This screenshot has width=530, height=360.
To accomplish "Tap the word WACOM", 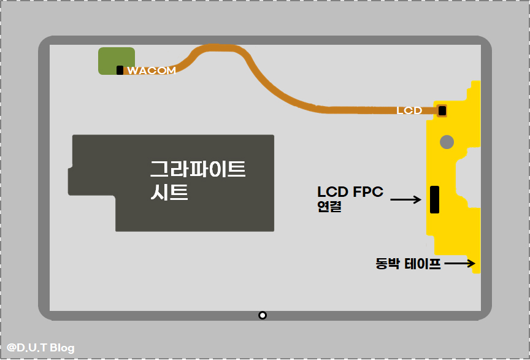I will tap(152, 71).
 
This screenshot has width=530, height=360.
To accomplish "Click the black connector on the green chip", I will tap(120, 71).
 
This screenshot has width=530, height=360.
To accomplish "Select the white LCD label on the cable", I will tap(409, 111).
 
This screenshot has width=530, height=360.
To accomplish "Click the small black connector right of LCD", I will tap(442, 111).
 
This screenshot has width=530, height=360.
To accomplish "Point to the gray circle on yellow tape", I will tap(447, 142).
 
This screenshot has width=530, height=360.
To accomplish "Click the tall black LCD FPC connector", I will tap(434, 199).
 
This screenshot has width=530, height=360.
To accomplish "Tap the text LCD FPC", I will tap(350, 192).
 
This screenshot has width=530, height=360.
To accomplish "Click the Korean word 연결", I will tap(329, 207).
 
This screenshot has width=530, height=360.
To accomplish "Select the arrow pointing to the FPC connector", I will tap(405, 199).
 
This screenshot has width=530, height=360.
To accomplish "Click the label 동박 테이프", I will tap(408, 265).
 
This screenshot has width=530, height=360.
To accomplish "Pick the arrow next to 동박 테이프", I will tap(461, 264).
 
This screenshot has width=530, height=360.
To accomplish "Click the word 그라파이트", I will tap(198, 169).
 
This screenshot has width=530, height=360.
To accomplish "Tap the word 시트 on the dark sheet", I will tap(169, 193).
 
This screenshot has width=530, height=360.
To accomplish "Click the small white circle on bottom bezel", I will tap(263, 315).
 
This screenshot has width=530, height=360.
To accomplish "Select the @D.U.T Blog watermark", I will tap(40, 348).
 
